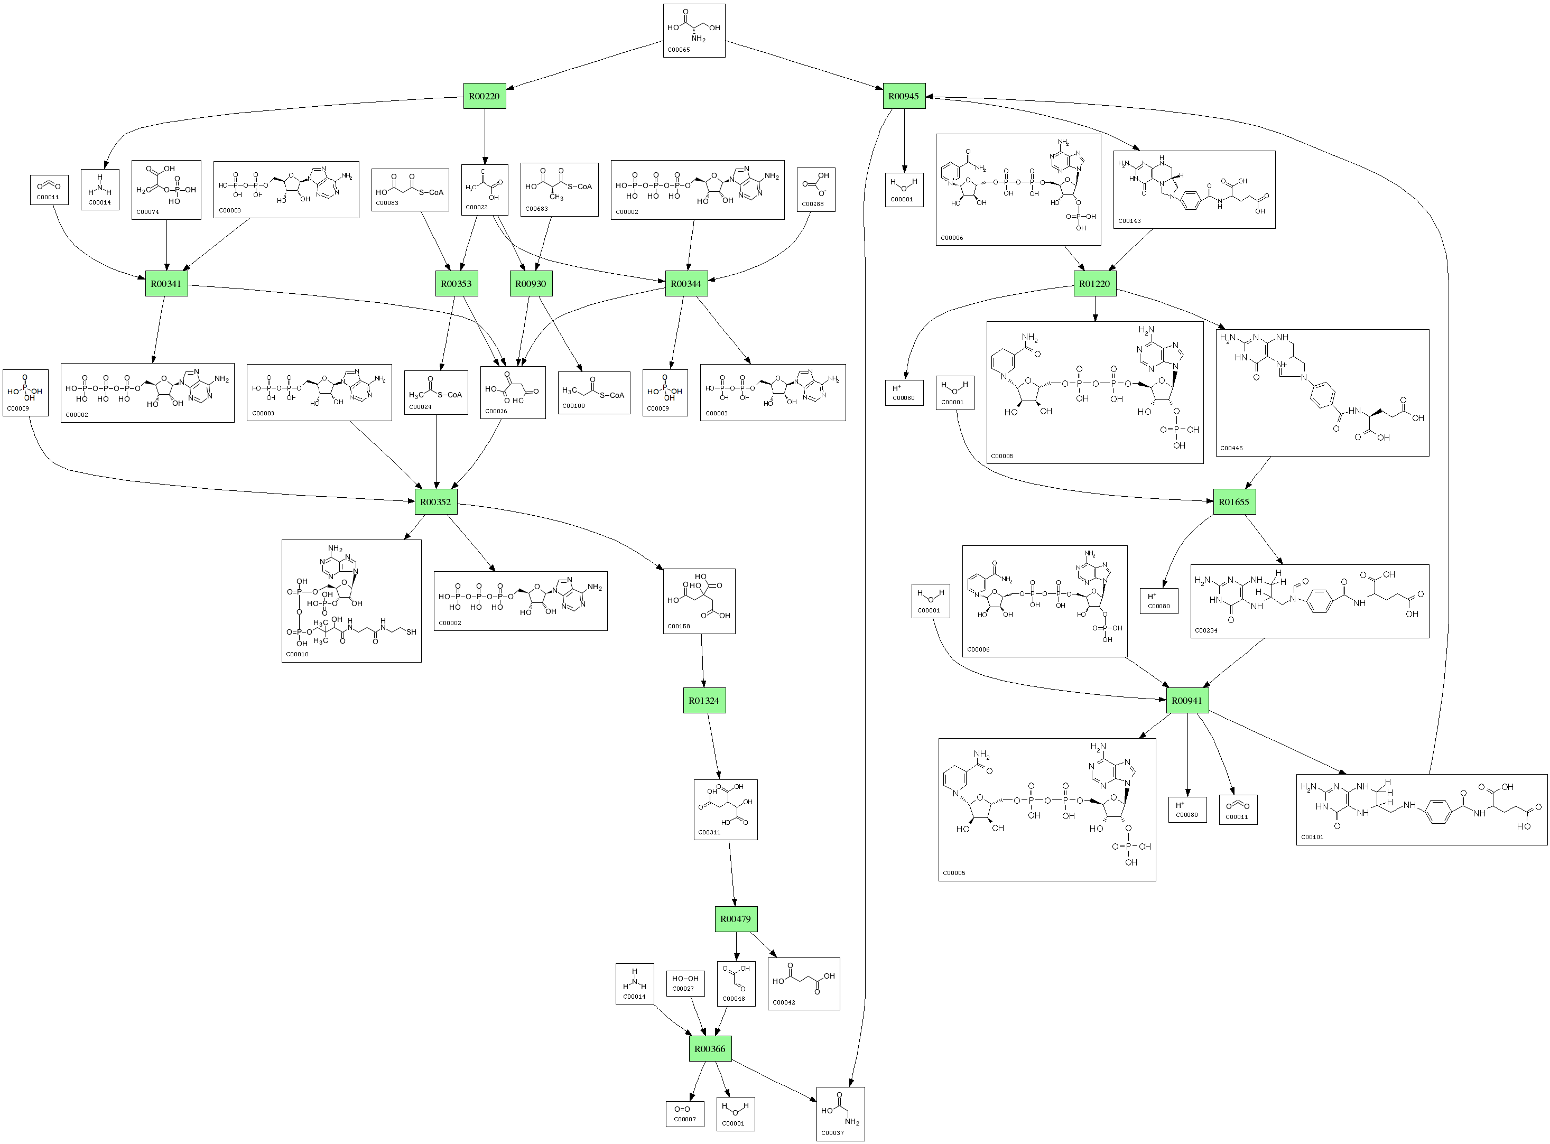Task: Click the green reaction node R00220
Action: [484, 96]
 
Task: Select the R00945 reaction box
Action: [904, 96]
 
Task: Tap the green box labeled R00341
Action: [166, 283]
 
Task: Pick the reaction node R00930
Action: [531, 283]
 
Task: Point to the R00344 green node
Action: [686, 283]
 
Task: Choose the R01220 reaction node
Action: [1095, 283]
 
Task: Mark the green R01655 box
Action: [1234, 501]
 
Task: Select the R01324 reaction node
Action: [704, 700]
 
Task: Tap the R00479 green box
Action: [736, 919]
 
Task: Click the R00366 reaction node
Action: [710, 1048]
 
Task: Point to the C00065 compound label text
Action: [679, 50]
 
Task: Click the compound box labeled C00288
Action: [816, 189]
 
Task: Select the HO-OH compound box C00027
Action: [685, 983]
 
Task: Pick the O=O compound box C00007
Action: [685, 1113]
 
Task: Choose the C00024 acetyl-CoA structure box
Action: [435, 393]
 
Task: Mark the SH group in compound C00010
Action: [411, 631]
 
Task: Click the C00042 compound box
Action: [803, 983]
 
